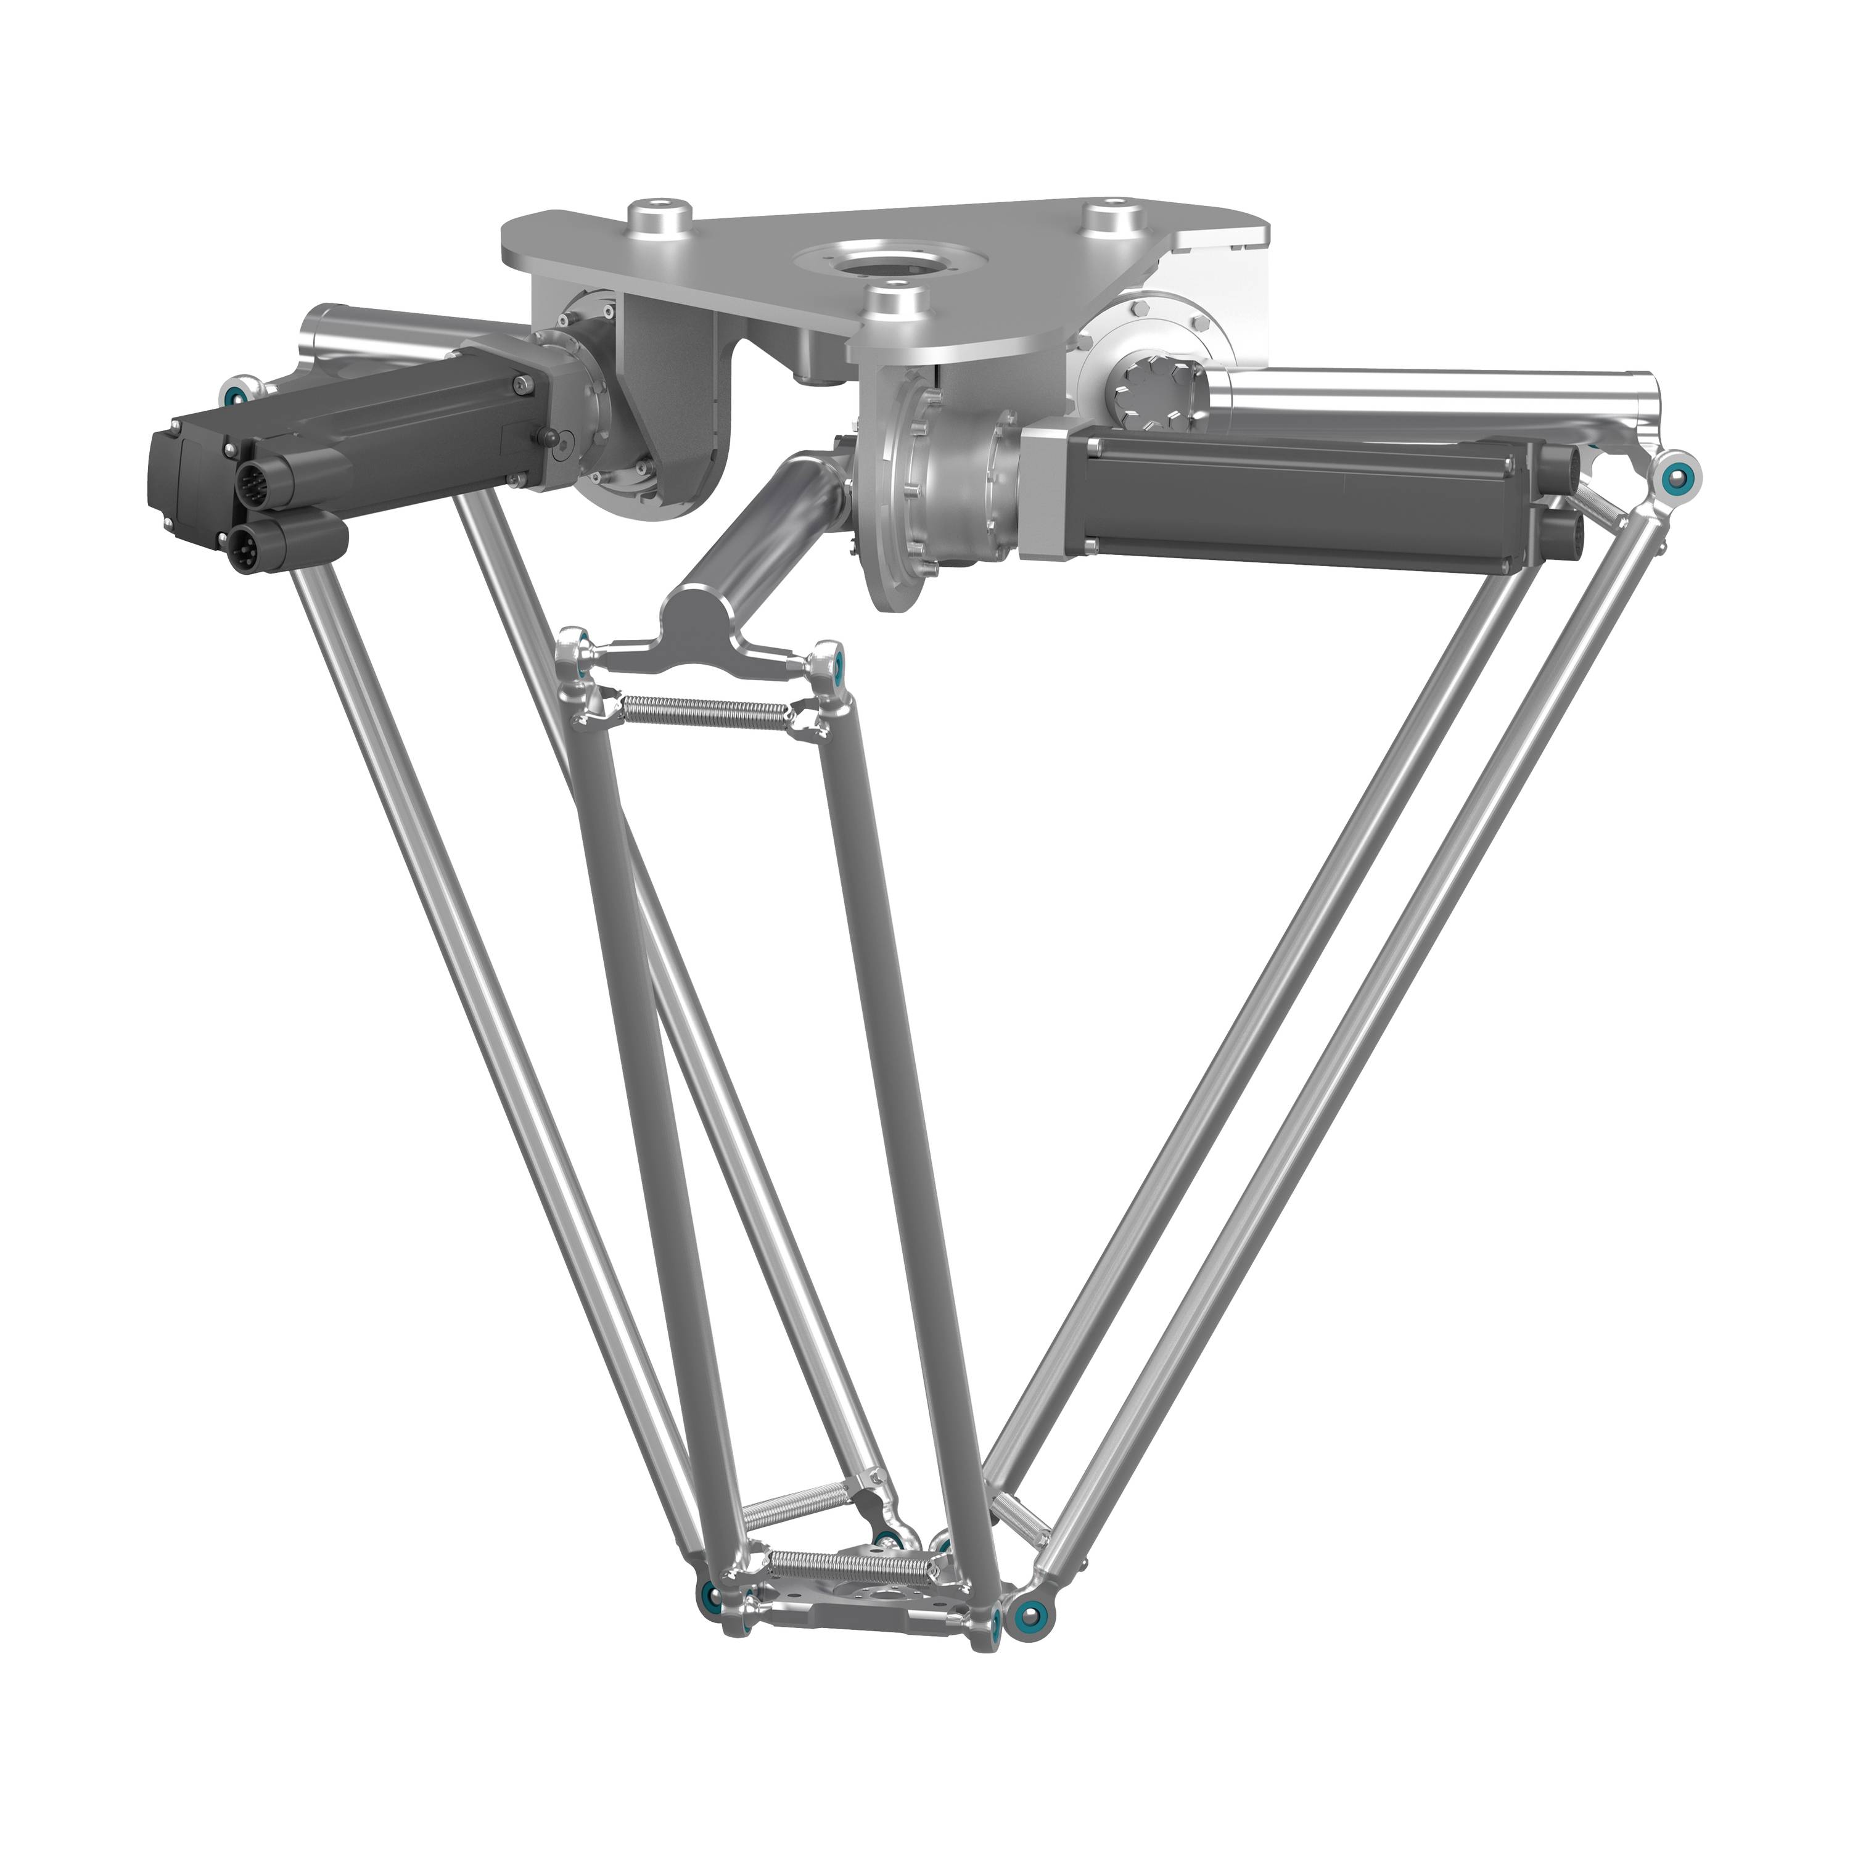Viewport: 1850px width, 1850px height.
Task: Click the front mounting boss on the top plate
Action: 895,303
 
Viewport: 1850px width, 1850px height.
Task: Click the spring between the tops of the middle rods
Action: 707,709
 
